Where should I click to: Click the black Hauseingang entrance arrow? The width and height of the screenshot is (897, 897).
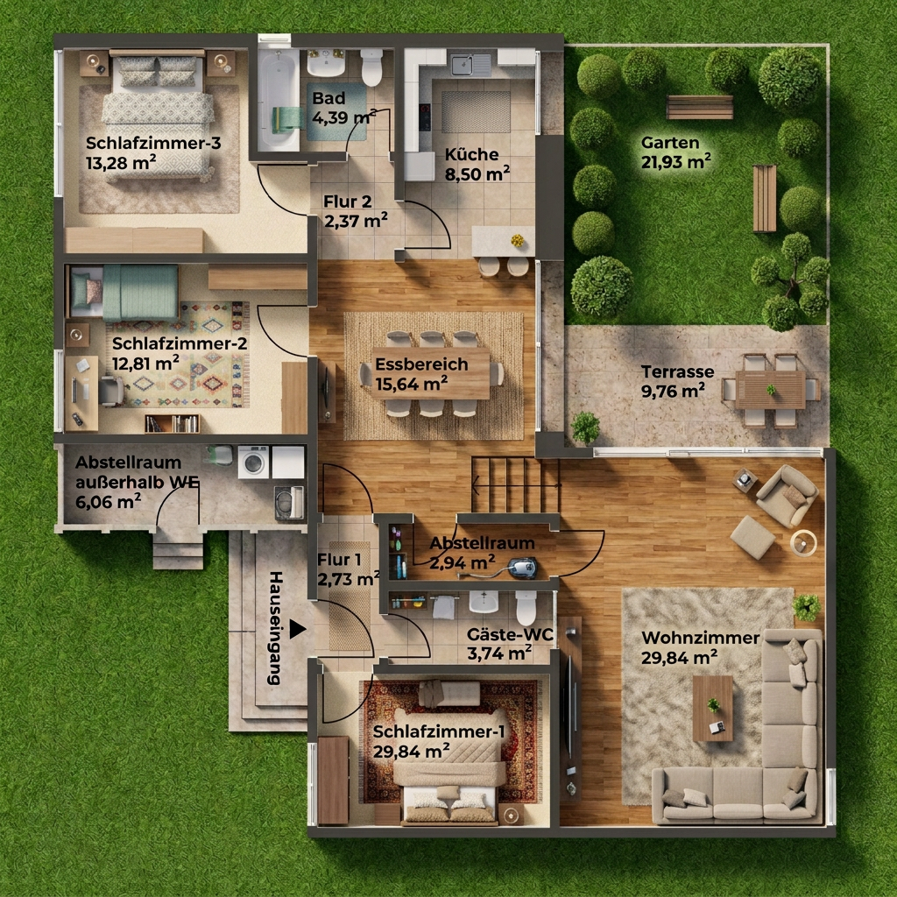(298, 629)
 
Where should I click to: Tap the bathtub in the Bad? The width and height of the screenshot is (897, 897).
(278, 100)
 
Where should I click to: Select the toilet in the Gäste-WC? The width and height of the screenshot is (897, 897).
(526, 608)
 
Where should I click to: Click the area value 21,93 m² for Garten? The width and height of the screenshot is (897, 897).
(676, 162)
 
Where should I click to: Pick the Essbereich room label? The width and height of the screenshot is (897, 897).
(421, 364)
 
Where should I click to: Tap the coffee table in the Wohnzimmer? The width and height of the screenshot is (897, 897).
(712, 708)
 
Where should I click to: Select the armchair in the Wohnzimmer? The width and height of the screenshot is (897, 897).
(787, 495)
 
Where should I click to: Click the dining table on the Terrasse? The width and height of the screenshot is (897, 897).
(770, 390)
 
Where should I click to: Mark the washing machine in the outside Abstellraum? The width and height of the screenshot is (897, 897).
(253, 462)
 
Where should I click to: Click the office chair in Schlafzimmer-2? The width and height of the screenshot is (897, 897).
(111, 391)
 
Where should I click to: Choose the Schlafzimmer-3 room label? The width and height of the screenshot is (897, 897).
(153, 143)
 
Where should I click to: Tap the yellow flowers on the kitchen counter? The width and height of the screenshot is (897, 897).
(517, 240)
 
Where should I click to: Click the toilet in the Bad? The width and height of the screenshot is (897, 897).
(371, 67)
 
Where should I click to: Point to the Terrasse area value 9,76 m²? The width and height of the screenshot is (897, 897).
(673, 392)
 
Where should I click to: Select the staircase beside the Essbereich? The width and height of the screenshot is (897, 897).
(515, 484)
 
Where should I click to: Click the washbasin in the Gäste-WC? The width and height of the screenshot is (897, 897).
(484, 601)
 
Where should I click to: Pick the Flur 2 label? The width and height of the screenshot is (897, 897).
(347, 201)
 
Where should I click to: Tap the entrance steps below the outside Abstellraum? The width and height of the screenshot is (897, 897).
(178, 549)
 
